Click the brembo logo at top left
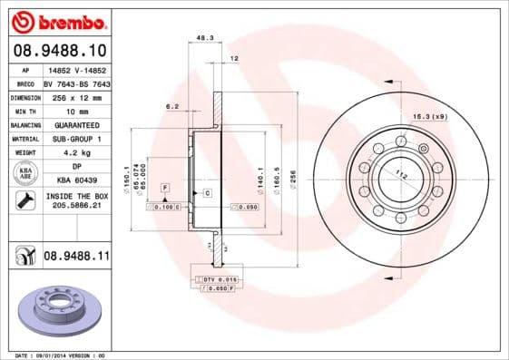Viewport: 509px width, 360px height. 59,20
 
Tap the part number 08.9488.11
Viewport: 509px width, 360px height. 75,258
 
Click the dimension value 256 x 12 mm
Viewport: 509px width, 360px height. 77,97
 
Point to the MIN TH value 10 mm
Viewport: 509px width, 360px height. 77,111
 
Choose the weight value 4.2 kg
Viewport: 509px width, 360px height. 77,153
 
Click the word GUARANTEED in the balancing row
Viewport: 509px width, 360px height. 77,125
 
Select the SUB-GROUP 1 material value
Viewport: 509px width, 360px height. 77,139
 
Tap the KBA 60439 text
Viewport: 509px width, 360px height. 77,181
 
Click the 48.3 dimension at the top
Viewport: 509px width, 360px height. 205,38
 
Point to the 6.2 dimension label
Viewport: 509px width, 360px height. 171,106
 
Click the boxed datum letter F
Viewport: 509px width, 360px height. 165,187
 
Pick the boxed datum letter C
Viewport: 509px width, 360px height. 207,193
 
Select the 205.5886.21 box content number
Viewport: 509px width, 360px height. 77,208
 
